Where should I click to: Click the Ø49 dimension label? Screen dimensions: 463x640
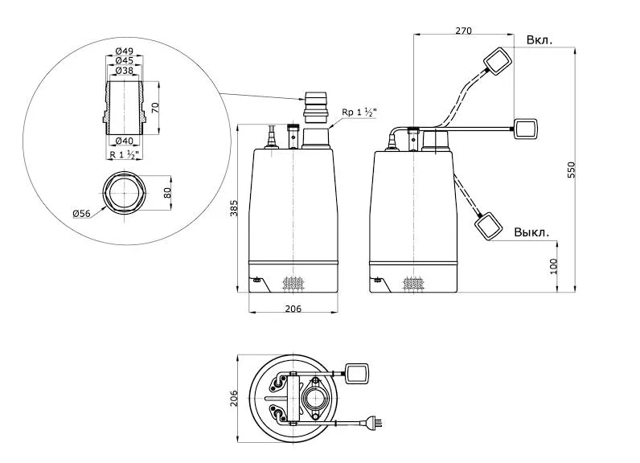pos(122,51)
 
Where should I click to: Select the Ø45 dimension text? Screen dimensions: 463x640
pos(122,60)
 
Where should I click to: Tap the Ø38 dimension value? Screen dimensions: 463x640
pos(122,70)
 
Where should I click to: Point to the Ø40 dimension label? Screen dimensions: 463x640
pos(122,141)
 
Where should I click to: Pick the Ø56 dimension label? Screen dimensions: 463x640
pos(81,213)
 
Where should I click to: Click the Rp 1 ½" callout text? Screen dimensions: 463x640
pos(359,112)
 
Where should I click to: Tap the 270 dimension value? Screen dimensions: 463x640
pos(462,31)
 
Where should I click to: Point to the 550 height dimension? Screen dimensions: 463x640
pos(572,170)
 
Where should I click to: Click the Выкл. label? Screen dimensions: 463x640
pos(532,232)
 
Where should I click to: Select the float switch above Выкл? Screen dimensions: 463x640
pos(490,224)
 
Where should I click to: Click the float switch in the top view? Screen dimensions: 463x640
pos(357,372)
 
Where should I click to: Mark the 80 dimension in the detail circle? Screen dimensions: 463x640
pos(167,193)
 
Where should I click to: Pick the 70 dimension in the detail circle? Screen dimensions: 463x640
pos(156,105)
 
